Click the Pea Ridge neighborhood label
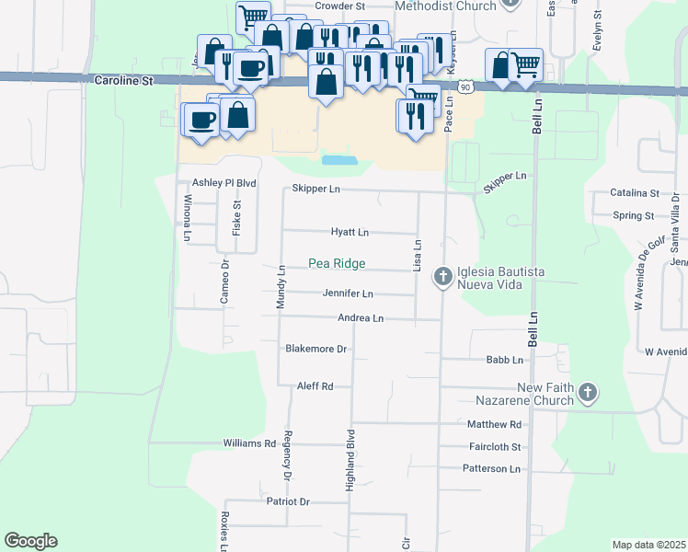[336, 264]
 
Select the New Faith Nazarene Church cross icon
[588, 395]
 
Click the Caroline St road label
[123, 81]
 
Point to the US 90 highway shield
[466, 86]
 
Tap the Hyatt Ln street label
[350, 233]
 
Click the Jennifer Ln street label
[347, 294]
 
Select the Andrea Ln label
[361, 318]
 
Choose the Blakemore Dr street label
[315, 350]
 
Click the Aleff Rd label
[314, 386]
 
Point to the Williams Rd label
[249, 443]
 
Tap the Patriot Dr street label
[288, 501]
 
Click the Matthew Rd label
[494, 424]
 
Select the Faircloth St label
[494, 447]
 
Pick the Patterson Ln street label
[492, 469]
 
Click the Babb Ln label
[504, 360]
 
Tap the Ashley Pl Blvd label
[224, 183]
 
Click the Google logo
[30, 541]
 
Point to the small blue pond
[338, 160]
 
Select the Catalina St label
[635, 193]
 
